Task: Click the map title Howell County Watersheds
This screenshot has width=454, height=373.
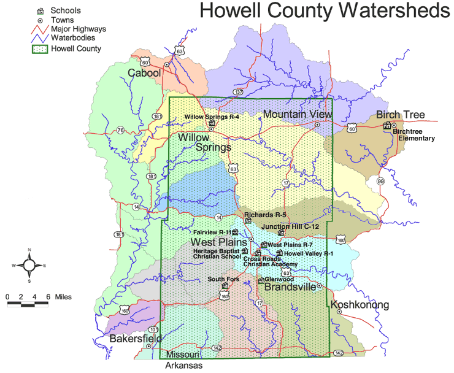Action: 325,12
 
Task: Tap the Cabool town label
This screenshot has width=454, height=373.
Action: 144,73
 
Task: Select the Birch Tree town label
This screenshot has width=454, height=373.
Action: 400,115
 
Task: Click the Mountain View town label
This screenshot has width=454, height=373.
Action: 298,114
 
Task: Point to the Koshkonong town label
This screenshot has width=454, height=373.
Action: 360,305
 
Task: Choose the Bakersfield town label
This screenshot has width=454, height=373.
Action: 136,338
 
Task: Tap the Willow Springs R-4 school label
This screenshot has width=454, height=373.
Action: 212,116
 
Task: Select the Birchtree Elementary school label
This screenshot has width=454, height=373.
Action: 414,134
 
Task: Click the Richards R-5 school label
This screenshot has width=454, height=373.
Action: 265,215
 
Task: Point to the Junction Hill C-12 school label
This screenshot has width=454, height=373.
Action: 290,226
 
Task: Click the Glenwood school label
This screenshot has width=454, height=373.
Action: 279,279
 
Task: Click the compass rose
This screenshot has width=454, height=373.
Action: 28,265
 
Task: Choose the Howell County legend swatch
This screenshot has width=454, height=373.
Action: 40,49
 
